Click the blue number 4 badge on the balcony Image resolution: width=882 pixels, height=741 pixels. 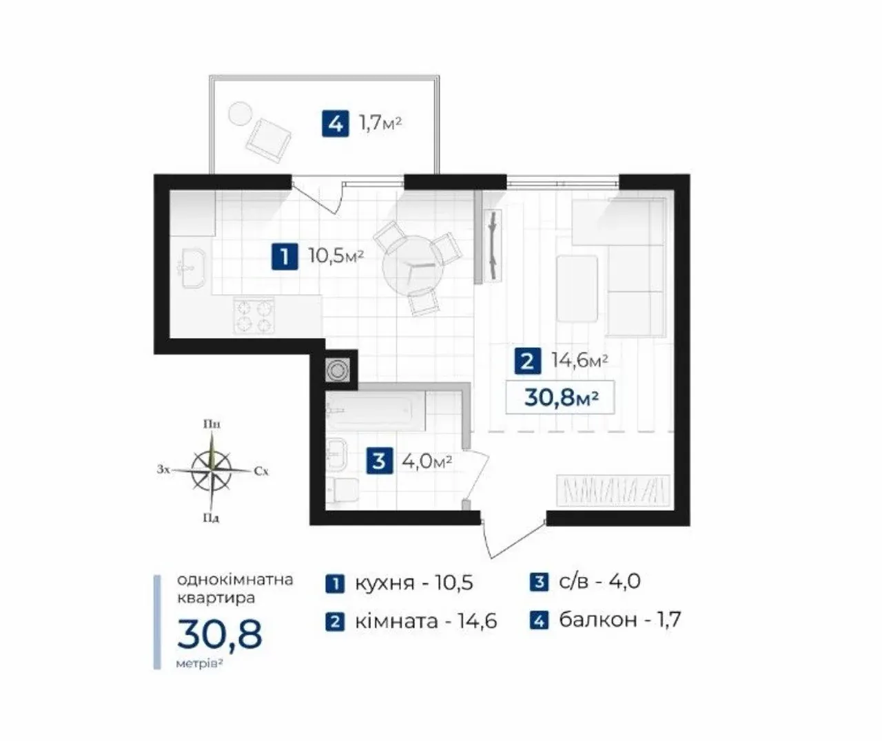[x=336, y=124]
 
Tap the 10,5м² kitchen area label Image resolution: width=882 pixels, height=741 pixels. [x=336, y=256]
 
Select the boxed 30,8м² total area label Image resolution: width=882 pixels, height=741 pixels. [x=560, y=397]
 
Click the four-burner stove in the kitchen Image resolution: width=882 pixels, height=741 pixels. [x=254, y=315]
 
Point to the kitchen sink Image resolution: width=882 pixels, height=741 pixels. [x=193, y=268]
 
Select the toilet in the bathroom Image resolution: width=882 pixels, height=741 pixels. [x=342, y=491]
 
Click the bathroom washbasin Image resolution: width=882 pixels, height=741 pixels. [x=337, y=455]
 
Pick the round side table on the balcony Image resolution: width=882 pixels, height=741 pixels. [x=240, y=114]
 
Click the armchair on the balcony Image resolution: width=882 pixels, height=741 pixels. [x=269, y=140]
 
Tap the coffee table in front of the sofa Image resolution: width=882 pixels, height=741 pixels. [x=577, y=289]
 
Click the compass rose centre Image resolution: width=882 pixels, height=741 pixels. [x=212, y=470]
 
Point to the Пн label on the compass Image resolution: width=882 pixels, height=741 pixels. [x=212, y=424]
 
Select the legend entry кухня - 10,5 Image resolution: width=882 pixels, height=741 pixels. [x=399, y=583]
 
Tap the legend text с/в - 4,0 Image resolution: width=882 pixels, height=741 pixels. [x=585, y=582]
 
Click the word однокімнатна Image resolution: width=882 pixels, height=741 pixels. [x=235, y=580]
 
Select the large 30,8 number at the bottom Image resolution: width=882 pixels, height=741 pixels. [x=220, y=634]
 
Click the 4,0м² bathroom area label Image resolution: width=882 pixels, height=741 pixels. [x=427, y=461]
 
